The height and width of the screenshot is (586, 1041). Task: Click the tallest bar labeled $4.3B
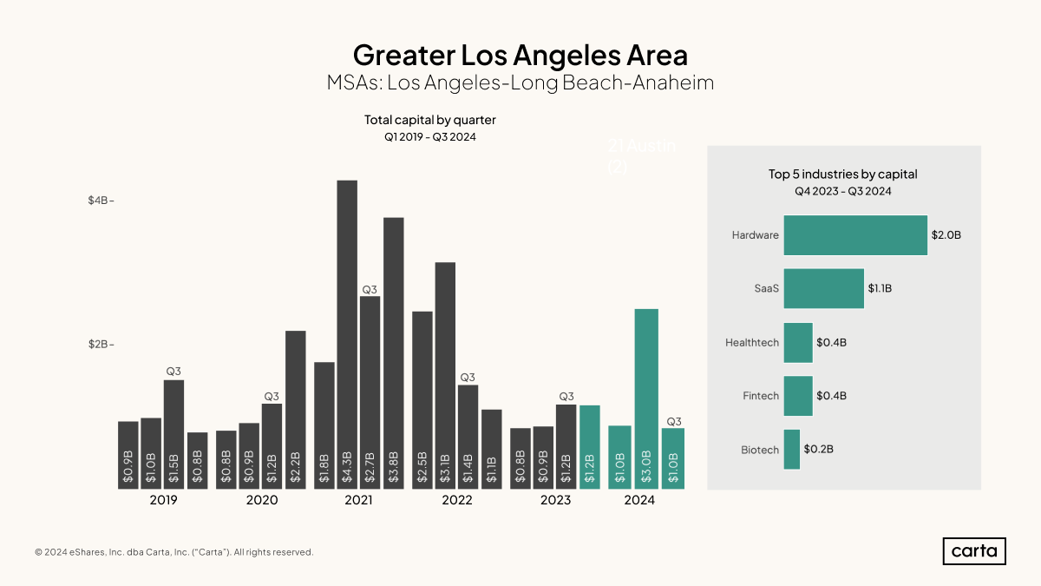[347, 334]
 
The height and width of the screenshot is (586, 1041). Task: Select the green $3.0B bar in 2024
[646, 398]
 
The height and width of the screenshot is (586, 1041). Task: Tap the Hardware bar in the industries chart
[855, 235]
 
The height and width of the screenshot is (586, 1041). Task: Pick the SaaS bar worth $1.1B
[823, 288]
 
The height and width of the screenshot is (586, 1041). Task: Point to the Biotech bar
[791, 450]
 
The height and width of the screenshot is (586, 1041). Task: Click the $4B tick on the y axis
[101, 201]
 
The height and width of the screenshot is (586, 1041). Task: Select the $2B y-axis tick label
[101, 345]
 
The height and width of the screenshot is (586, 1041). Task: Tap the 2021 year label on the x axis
[358, 501]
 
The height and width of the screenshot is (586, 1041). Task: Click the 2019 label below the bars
[163, 501]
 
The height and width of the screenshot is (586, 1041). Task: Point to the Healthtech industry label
[752, 343]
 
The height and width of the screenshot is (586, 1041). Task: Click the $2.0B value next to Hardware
[946, 235]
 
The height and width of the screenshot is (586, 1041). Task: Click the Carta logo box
[974, 551]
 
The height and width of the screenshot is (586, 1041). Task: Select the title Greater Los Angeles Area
[520, 55]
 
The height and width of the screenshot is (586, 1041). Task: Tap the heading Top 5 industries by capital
[842, 174]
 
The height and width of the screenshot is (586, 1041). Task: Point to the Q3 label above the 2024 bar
[674, 421]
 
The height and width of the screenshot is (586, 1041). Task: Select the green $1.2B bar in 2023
[590, 447]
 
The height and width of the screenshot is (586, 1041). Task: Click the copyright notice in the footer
[173, 552]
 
